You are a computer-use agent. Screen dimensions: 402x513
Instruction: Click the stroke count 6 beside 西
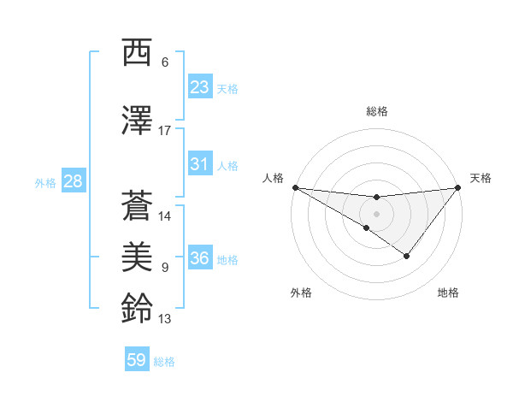(x=165, y=62)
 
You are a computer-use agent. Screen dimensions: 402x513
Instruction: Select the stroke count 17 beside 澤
(x=165, y=131)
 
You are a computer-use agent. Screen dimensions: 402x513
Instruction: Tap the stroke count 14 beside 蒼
(x=165, y=216)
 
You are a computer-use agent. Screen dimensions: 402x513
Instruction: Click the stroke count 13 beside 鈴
(x=165, y=319)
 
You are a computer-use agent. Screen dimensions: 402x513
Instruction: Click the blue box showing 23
(x=200, y=86)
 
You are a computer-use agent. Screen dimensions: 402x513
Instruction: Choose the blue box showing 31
(x=200, y=163)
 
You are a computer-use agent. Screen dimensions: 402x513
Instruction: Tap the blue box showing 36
(x=200, y=257)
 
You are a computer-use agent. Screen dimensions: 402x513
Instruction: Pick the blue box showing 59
(x=137, y=360)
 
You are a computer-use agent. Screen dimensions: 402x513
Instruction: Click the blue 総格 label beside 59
(x=164, y=362)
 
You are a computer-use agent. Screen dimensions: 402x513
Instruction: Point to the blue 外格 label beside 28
(x=45, y=182)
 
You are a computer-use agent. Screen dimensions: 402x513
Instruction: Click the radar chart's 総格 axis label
(x=376, y=111)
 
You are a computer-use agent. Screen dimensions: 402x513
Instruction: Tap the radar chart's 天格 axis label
(x=481, y=178)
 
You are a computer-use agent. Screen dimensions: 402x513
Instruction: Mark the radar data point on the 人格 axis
(x=295, y=187)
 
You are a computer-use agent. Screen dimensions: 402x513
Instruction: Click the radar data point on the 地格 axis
(x=407, y=256)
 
